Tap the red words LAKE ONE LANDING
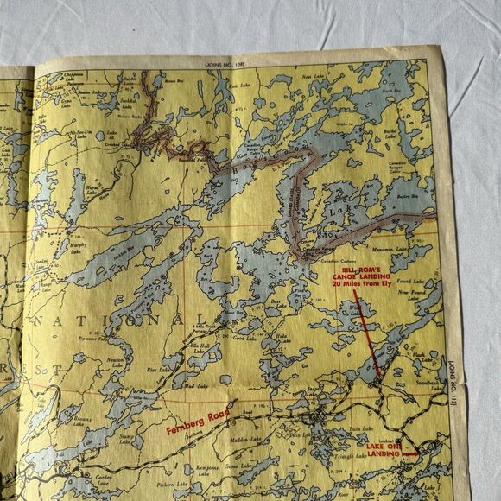click(x=383, y=448)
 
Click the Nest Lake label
click(x=312, y=77)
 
